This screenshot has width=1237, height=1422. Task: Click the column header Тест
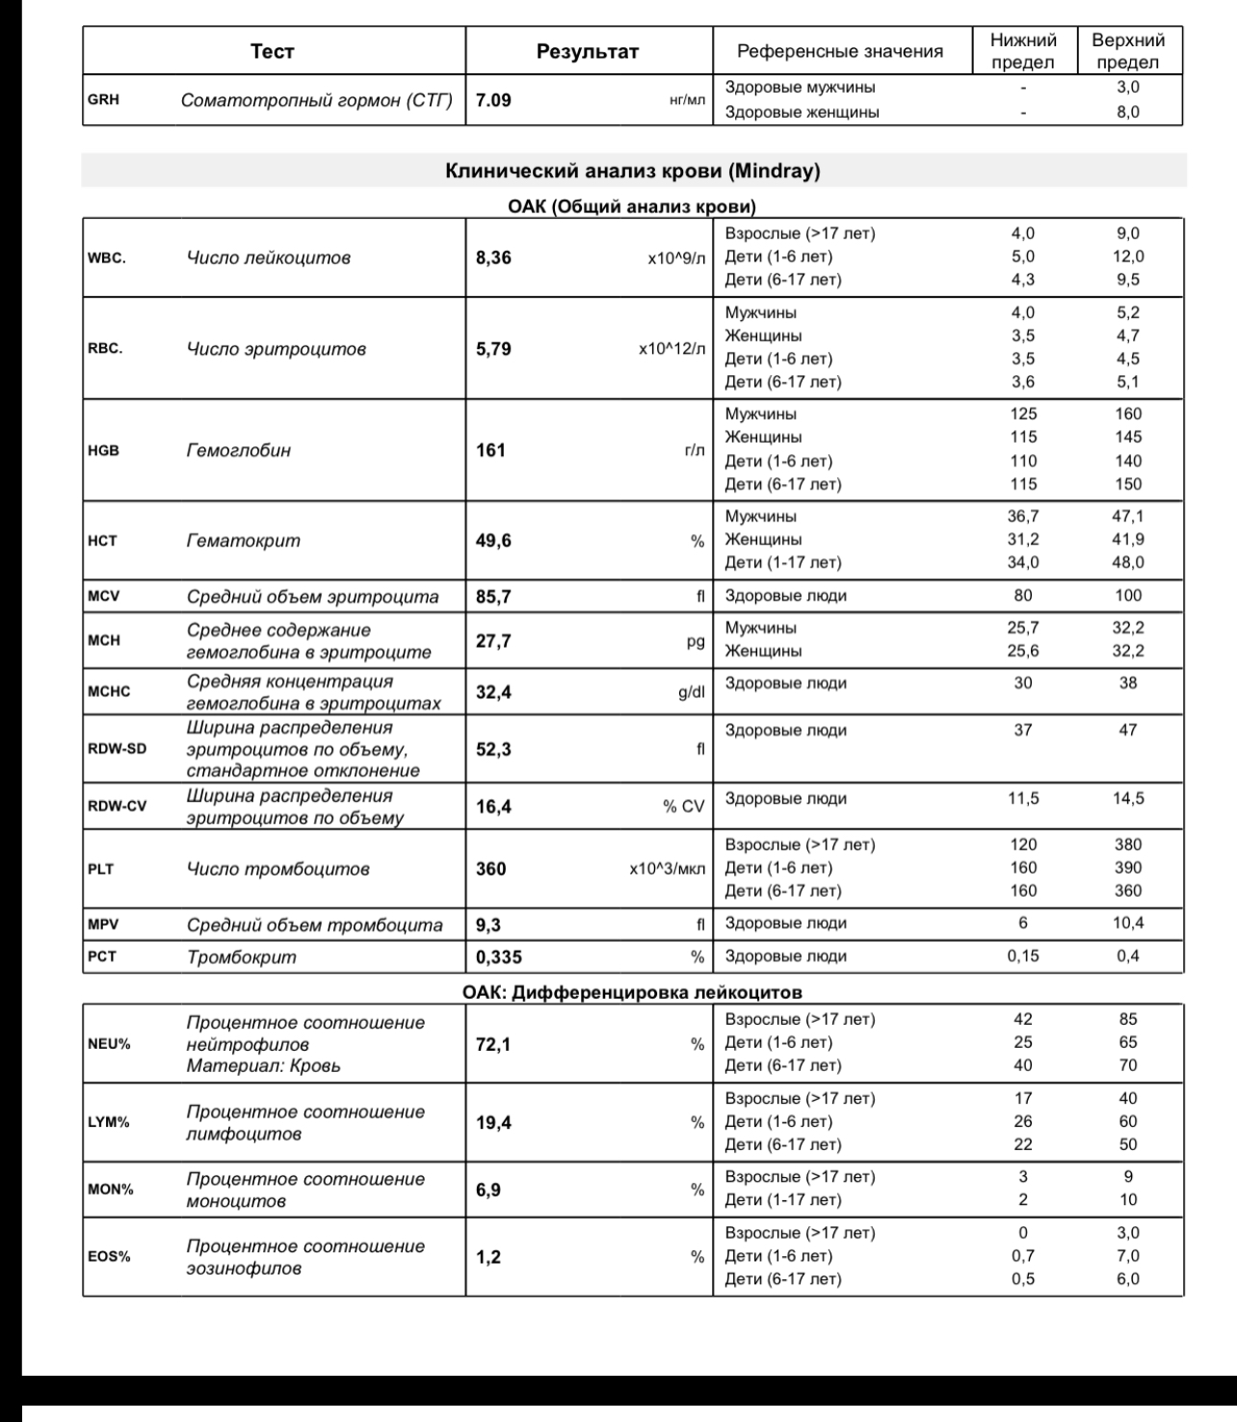(x=272, y=52)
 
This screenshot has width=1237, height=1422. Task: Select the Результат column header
(x=588, y=52)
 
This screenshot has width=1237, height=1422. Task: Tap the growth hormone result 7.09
(x=493, y=99)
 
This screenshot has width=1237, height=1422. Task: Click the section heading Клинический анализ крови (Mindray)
(x=633, y=172)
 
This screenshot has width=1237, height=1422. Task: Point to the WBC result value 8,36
(x=494, y=257)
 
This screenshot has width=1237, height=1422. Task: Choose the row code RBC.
(x=105, y=349)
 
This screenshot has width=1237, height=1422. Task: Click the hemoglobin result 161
(x=490, y=450)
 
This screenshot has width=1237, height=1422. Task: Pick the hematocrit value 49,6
(x=494, y=541)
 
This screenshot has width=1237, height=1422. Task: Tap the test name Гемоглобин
(x=238, y=450)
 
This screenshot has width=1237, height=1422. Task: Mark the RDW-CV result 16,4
(x=494, y=806)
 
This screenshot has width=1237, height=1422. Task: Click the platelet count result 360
(x=491, y=869)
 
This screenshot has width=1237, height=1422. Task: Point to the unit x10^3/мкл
(x=667, y=869)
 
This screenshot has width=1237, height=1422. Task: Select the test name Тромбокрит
(x=242, y=957)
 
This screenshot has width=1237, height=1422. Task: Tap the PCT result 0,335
(x=499, y=957)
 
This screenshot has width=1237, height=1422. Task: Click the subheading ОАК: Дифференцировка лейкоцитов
(x=632, y=991)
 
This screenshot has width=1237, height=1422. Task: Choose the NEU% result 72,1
(x=494, y=1044)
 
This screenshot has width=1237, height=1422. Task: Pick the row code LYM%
(x=109, y=1122)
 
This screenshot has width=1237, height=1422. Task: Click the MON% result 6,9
(x=488, y=1190)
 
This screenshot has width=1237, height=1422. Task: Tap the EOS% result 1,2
(x=488, y=1257)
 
